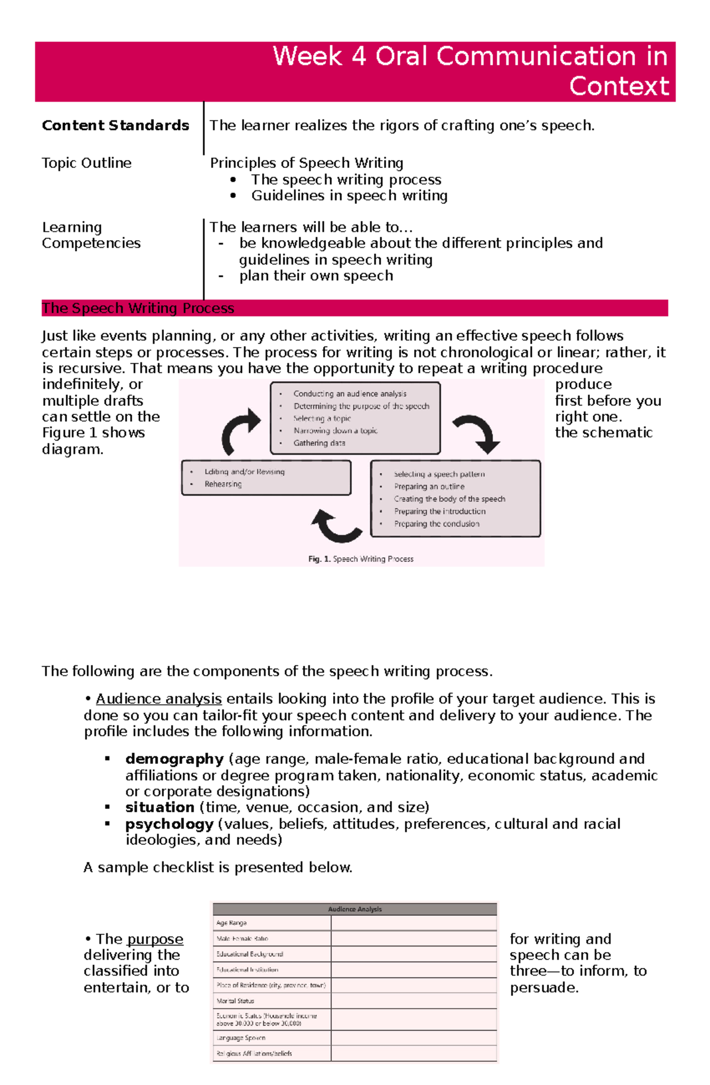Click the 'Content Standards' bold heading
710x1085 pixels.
(115, 125)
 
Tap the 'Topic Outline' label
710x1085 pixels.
(86, 163)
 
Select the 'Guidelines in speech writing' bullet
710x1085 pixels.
(349, 196)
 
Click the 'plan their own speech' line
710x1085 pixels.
(316, 276)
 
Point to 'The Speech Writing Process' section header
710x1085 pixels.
(138, 308)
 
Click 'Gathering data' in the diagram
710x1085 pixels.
(319, 443)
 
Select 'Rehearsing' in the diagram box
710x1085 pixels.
(223, 484)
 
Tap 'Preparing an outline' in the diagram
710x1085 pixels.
(429, 487)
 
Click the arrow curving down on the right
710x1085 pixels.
(478, 433)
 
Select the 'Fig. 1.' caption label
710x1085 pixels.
(319, 559)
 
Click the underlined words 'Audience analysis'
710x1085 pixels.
(159, 699)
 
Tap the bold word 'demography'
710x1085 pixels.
(174, 759)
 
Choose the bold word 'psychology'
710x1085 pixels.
(169, 824)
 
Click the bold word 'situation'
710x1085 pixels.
(160, 807)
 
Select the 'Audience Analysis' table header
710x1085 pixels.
(355, 909)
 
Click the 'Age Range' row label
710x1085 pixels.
(231, 922)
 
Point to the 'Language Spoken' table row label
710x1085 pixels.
(241, 1038)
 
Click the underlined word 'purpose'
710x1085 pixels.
(155, 939)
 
